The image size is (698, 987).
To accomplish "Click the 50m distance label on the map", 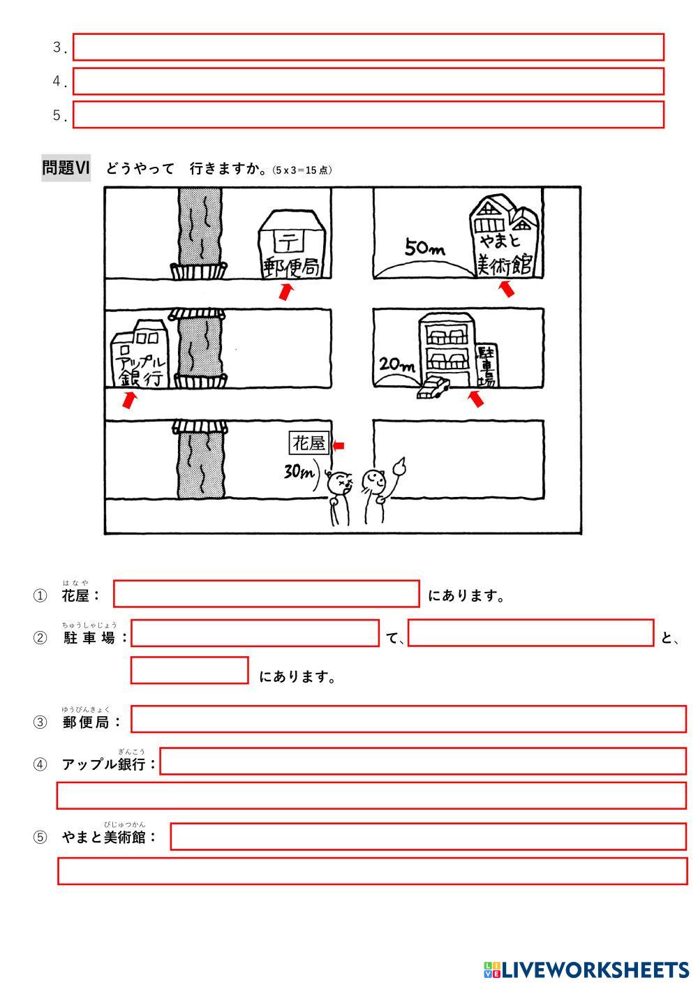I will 424,248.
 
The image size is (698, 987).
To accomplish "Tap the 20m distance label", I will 396,364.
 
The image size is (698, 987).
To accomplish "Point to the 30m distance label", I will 299,472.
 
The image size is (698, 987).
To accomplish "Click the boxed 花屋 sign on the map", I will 309,443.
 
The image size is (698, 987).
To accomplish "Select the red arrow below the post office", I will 285,292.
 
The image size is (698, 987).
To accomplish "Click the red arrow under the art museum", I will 507,288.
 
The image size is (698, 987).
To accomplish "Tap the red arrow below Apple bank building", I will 128,400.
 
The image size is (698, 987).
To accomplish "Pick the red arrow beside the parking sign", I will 476,399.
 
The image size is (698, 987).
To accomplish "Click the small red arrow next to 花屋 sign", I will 339,446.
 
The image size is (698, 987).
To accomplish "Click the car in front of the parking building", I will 433,388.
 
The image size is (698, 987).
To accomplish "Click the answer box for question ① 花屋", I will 267,594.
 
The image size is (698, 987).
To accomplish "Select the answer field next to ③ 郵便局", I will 408,719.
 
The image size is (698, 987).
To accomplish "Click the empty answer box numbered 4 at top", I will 368,81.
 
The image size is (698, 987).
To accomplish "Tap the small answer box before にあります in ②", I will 189,670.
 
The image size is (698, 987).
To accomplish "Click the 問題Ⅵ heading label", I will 66,168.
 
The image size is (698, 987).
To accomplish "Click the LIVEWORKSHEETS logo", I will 586,970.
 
